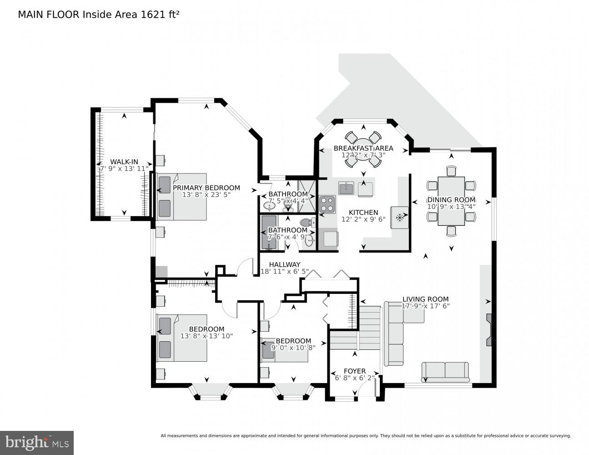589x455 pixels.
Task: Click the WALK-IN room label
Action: pos(124,162)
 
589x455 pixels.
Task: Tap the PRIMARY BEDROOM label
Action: pos(206,188)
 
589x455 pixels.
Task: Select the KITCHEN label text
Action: pos(363,212)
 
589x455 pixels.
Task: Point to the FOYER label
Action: pos(354,371)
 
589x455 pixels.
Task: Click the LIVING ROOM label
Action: pos(425,299)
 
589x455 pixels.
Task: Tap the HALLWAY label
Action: pos(284,264)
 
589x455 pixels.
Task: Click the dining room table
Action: pos(451,201)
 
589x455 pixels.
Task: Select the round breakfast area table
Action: pos(363,148)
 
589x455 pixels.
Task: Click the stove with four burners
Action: pos(327,204)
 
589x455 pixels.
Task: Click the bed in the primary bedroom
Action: pos(181,197)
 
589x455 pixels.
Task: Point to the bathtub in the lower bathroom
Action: pos(269,233)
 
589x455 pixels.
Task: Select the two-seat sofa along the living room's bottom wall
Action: pos(445,372)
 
